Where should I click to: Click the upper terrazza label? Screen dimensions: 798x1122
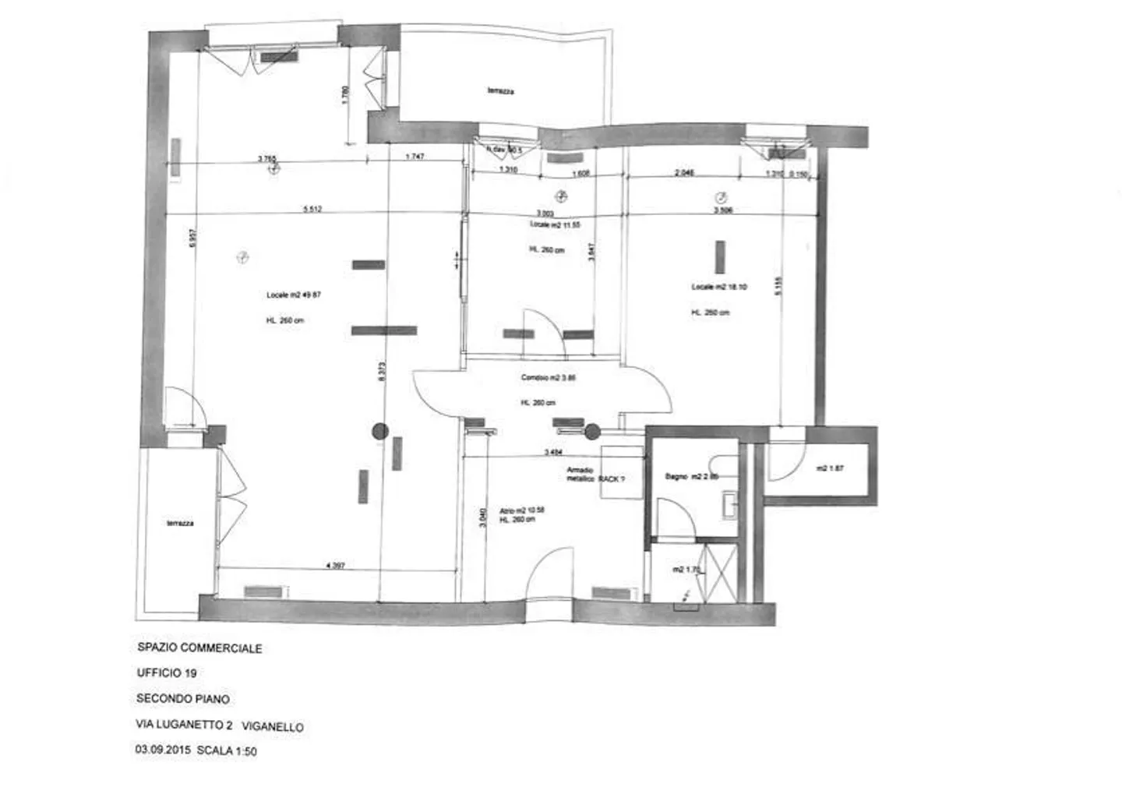point(500,91)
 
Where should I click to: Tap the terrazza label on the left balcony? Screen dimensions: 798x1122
point(180,524)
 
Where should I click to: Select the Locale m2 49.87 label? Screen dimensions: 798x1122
point(294,295)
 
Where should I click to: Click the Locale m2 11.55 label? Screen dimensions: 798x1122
point(555,224)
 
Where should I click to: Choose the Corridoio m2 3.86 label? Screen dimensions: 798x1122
point(548,378)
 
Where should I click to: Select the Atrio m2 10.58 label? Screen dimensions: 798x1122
point(522,510)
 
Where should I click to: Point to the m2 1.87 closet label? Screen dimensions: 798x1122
point(830,469)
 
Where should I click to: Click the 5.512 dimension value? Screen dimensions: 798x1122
point(312,209)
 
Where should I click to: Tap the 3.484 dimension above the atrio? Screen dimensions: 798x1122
point(553,452)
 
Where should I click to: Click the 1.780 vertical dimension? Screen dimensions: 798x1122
point(346,94)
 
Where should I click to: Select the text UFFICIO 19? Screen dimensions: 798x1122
point(166,673)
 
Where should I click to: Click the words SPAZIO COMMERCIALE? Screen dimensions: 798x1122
point(199,648)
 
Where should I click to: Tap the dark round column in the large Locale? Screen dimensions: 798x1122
point(379,430)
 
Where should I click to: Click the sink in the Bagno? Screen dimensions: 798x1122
point(729,504)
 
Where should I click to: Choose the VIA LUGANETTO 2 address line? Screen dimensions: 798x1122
point(185,726)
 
